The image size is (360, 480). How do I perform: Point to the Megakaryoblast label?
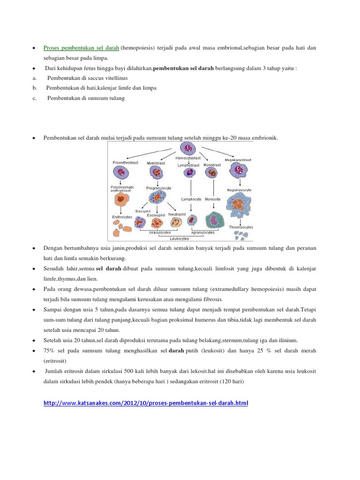coord(239,160)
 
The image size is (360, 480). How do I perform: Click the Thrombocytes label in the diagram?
coord(241,227)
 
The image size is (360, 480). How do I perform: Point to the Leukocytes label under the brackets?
coord(179,238)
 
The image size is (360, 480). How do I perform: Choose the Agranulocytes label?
coord(203,232)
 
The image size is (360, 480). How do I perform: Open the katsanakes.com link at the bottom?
coord(145,403)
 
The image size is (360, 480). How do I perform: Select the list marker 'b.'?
coord(35,88)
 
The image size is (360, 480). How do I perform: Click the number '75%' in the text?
coord(50,351)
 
